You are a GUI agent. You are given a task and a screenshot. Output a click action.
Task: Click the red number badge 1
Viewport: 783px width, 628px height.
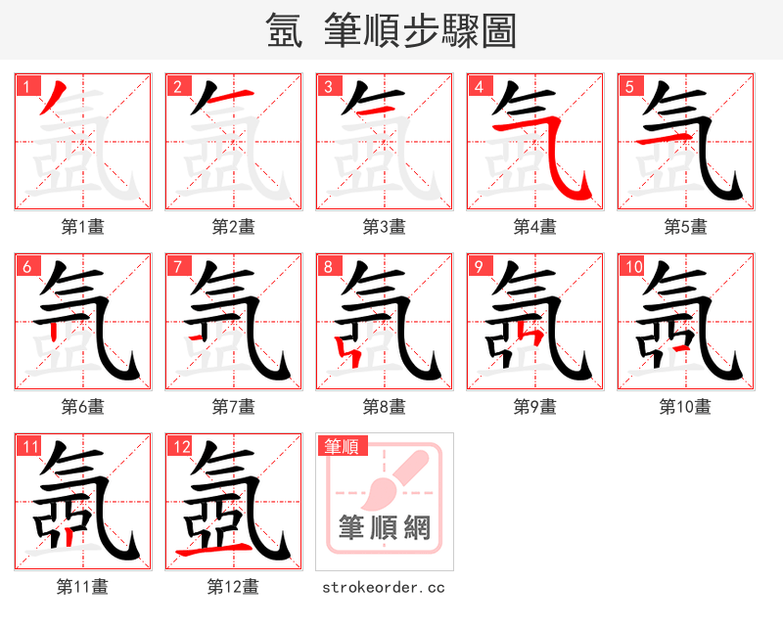pos(26,86)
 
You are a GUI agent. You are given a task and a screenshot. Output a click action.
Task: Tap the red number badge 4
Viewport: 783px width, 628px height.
pos(479,86)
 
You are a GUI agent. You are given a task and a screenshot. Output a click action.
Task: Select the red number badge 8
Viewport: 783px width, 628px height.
pos(328,266)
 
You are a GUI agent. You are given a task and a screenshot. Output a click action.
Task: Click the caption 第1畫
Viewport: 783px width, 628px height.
pos(83,227)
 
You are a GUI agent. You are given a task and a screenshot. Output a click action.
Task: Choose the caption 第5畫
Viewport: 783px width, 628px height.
pos(685,227)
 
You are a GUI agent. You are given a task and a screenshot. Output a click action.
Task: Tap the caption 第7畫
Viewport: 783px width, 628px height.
pos(233,407)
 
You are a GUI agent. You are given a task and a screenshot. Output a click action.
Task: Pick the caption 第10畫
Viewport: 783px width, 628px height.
pos(685,407)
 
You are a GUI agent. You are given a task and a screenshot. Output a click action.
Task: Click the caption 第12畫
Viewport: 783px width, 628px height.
pos(233,587)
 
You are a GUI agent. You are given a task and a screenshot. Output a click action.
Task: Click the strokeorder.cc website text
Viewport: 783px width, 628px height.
pos(384,587)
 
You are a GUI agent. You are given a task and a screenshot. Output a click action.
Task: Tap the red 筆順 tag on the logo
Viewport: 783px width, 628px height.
pos(343,447)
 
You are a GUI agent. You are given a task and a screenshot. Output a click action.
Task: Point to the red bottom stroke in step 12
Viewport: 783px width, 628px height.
pos(209,554)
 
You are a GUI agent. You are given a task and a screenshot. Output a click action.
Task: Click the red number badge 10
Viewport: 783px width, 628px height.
pos(632,266)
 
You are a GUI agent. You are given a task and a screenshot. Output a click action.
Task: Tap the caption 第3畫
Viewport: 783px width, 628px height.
pos(384,227)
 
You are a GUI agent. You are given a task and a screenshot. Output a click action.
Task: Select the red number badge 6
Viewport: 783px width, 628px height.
pos(26,266)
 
